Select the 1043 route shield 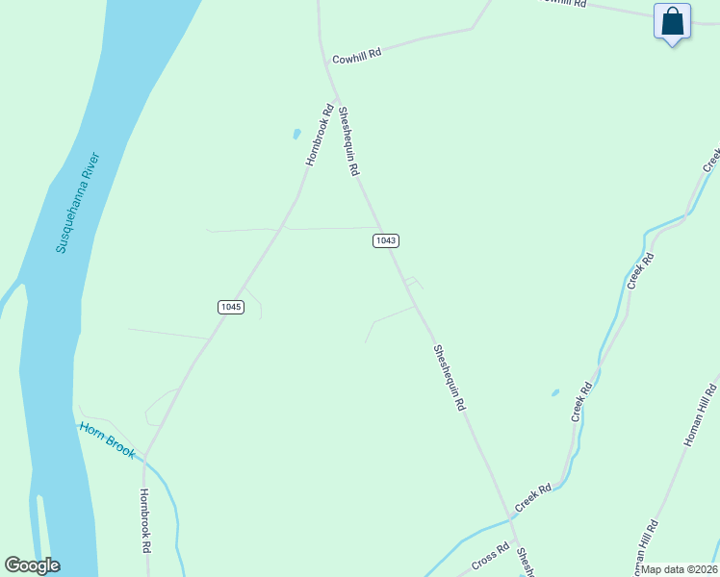tap(385, 240)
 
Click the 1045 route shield tap(230, 307)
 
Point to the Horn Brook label tap(108, 439)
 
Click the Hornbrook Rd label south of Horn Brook tap(145, 520)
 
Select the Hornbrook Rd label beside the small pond tap(319, 135)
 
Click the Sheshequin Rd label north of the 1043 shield tap(347, 140)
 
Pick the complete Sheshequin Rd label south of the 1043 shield tap(449, 378)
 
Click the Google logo tap(32, 565)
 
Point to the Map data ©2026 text tap(680, 569)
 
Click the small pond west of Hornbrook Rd tap(296, 134)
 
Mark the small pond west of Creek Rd tap(554, 392)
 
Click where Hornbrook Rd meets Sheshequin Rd tap(336, 96)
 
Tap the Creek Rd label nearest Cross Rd tap(532, 496)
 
